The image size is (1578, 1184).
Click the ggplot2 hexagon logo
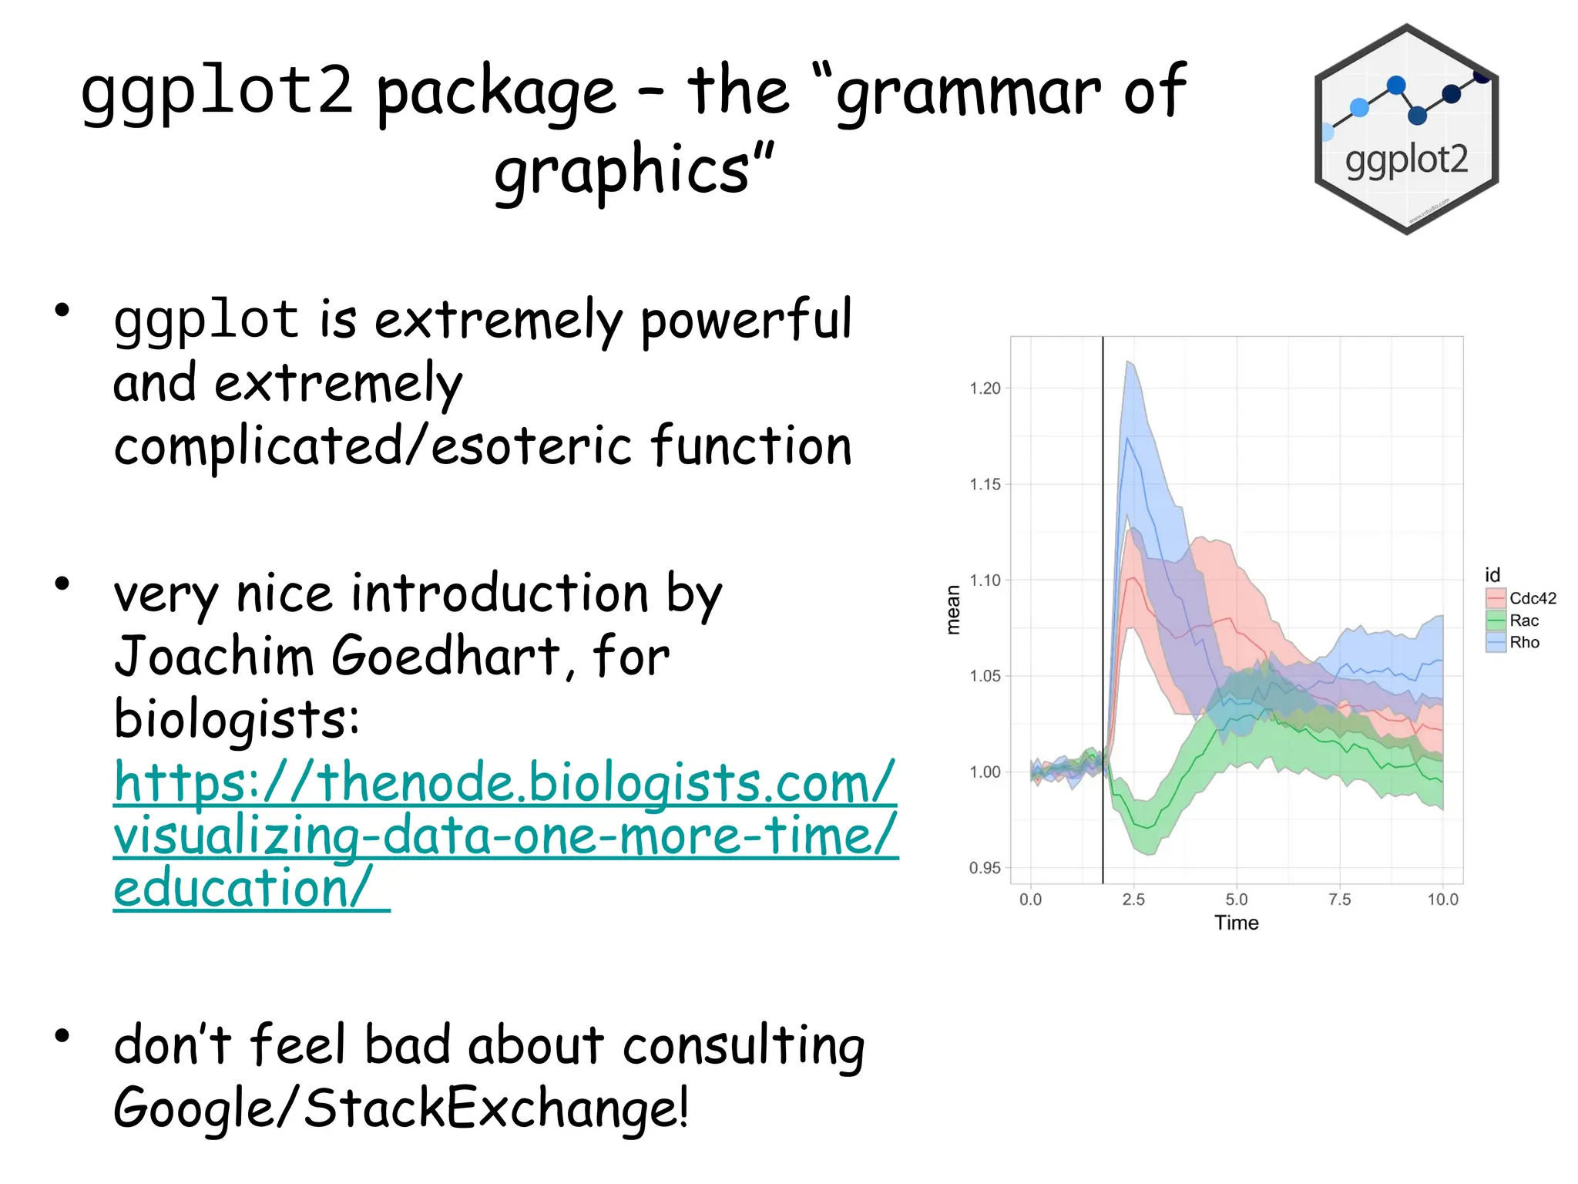coord(1406,129)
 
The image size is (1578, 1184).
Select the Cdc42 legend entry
coord(1521,598)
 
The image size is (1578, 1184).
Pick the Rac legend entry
coord(1513,621)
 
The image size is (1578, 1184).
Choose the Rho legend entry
coord(1513,642)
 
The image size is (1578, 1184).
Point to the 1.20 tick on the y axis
coord(985,388)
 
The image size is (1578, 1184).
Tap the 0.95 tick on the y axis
coord(985,868)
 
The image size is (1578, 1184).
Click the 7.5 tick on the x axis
coord(1340,900)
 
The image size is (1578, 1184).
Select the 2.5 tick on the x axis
coord(1133,900)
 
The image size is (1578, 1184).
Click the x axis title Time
coord(1236,923)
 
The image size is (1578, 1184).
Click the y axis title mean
coord(954,610)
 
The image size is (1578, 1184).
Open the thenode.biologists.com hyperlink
coord(505,835)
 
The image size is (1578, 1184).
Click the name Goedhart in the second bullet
coord(445,657)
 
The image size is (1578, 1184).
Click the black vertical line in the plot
coord(1103,617)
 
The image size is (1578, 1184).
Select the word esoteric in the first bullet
coord(532,446)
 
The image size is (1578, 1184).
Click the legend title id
coord(1492,575)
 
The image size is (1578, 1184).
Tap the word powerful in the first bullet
coord(746,321)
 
